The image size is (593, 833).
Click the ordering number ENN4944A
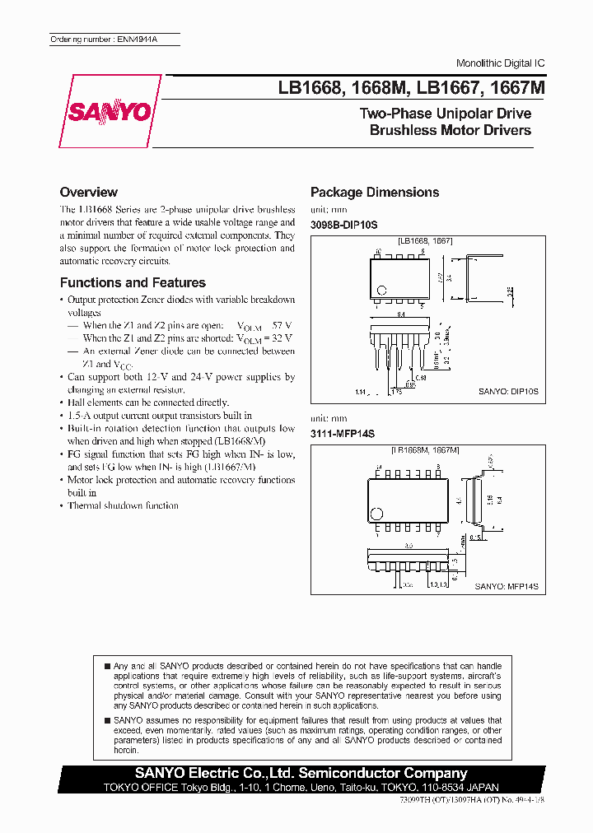114,39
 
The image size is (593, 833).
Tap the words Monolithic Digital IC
500,63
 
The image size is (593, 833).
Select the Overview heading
89,192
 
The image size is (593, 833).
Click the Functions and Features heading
133,282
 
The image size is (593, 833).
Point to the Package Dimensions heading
375,192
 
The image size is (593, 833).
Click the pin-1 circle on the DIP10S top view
381,290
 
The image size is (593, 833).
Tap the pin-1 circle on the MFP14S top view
379,514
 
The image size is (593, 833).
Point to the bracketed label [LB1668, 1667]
425,240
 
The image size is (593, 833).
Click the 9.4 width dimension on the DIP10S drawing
401,314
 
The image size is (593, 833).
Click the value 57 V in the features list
282,325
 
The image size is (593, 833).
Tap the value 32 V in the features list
282,338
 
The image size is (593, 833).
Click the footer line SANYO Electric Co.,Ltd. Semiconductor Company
301,773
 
